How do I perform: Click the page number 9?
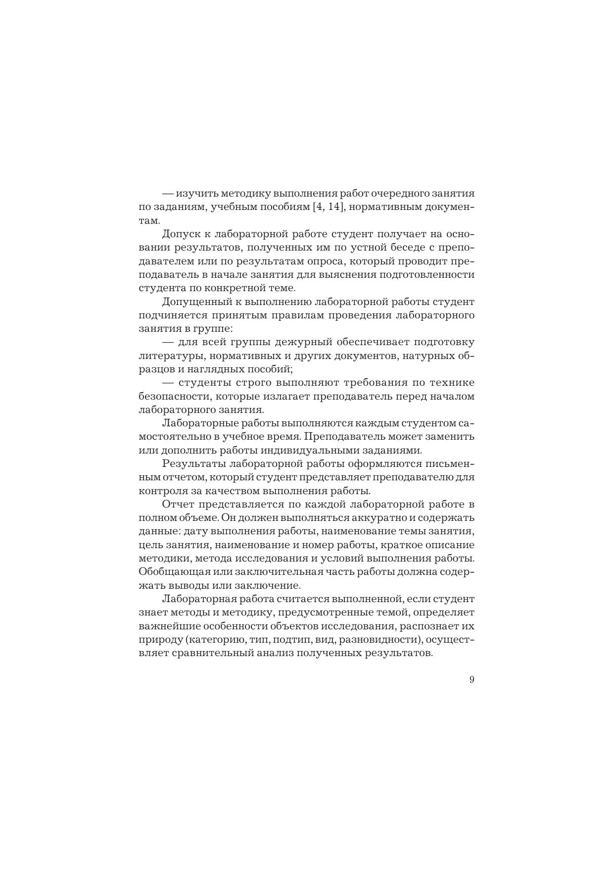coord(472,679)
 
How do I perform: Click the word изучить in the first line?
coord(197,193)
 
